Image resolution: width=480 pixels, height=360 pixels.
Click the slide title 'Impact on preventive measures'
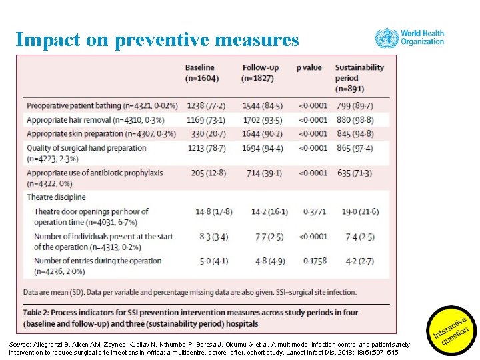tap(157, 40)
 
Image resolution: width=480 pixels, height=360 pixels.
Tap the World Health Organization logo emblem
tap(387, 37)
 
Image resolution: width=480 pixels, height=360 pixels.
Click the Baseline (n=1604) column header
tap(200, 73)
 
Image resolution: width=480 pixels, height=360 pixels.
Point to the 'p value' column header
tap(309, 67)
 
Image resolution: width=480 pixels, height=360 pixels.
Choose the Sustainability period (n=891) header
tap(359, 78)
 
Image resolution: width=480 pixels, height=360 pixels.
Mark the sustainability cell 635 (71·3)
tap(354, 173)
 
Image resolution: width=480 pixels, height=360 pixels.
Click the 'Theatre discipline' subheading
tap(56, 197)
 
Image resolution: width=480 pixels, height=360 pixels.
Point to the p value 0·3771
tap(315, 211)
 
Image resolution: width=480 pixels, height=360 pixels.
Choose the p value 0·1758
tap(315, 261)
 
